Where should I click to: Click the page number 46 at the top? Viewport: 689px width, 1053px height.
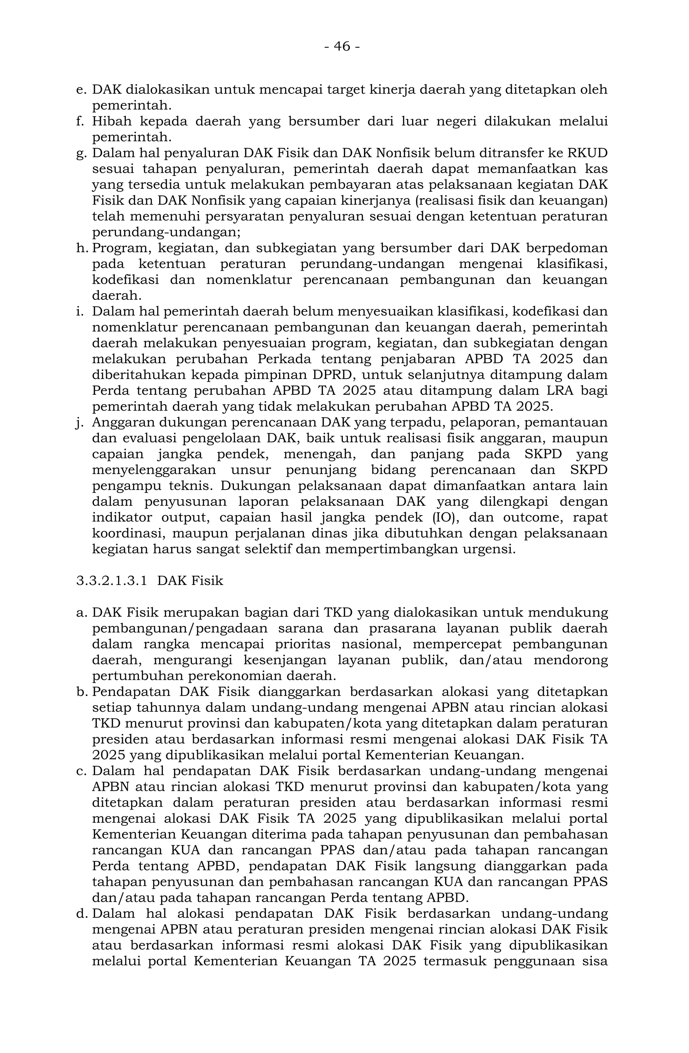coord(341,46)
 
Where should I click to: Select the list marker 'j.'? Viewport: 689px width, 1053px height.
coord(80,423)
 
